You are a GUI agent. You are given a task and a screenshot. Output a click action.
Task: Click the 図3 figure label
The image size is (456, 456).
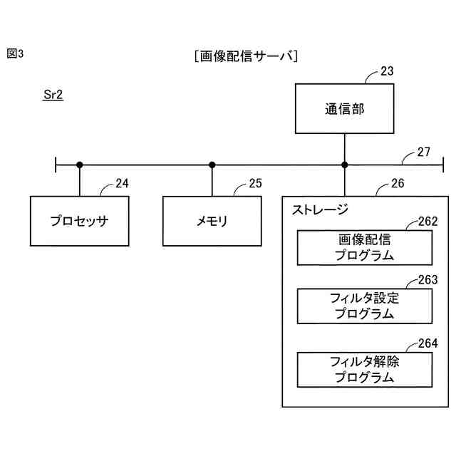(x=16, y=53)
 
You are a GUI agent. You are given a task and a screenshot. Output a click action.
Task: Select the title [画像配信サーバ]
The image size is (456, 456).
(x=245, y=56)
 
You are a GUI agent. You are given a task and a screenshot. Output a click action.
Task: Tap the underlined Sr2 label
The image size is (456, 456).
(x=53, y=95)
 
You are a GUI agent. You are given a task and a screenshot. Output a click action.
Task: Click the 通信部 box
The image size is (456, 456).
(x=344, y=109)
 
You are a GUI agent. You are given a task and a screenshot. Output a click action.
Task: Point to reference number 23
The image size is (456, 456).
(x=387, y=71)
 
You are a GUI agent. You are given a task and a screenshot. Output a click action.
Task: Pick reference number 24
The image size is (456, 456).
(x=122, y=184)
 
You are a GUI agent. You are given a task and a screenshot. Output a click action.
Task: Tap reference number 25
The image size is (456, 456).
(x=255, y=184)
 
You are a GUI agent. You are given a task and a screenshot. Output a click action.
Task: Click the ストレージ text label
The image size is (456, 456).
(x=320, y=209)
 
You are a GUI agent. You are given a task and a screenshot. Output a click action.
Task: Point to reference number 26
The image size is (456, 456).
(x=398, y=184)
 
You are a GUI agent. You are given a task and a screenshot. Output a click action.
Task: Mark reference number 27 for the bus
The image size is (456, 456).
(x=424, y=152)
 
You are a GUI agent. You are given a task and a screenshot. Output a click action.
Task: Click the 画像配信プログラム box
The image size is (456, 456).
(x=364, y=247)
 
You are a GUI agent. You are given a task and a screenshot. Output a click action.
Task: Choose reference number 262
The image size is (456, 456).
(x=427, y=222)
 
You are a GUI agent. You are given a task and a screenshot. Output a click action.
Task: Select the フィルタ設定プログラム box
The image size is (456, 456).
(x=364, y=306)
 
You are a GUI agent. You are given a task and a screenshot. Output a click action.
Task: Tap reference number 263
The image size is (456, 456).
(x=427, y=281)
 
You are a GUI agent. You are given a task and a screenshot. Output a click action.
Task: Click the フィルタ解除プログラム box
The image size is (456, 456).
(x=364, y=369)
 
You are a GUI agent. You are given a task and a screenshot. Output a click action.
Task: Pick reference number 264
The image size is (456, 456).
(x=427, y=343)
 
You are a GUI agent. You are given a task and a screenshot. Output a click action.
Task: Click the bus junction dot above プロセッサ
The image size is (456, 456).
(x=80, y=165)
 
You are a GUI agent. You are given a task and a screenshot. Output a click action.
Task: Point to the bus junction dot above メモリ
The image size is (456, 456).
(x=212, y=165)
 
